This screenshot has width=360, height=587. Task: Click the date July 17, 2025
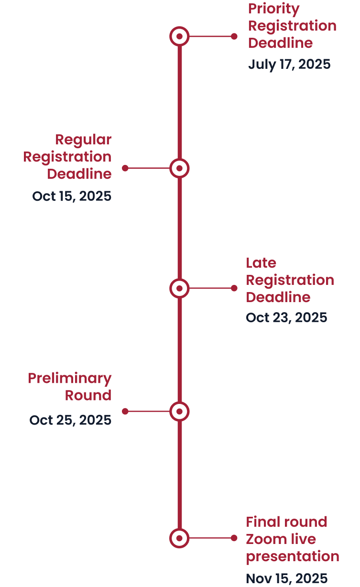pyautogui.click(x=289, y=64)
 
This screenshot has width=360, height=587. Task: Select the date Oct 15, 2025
pyautogui.click(x=72, y=196)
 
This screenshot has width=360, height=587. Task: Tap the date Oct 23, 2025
pyautogui.click(x=286, y=317)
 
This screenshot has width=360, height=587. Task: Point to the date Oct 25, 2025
pyautogui.click(x=70, y=420)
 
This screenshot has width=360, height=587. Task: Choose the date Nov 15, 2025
pyautogui.click(x=286, y=578)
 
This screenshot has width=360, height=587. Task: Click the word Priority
pyautogui.click(x=273, y=9)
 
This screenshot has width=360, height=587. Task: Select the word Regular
pyautogui.click(x=83, y=140)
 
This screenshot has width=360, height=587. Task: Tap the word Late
pyautogui.click(x=261, y=262)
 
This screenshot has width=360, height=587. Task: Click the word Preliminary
pyautogui.click(x=70, y=378)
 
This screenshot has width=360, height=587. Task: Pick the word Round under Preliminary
pyautogui.click(x=88, y=395)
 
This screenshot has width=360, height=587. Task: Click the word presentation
pyautogui.click(x=293, y=556)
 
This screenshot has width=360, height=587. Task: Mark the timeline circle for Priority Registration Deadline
pyautogui.click(x=179, y=36)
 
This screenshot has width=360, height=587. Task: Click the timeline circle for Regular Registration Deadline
pyautogui.click(x=179, y=168)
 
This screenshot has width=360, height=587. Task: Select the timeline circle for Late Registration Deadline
pyautogui.click(x=179, y=288)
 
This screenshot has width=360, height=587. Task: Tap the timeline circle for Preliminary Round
pyautogui.click(x=179, y=411)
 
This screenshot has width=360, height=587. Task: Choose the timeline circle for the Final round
pyautogui.click(x=179, y=538)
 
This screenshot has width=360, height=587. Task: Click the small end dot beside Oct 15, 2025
pyautogui.click(x=125, y=168)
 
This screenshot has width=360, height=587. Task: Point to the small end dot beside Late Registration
pyautogui.click(x=234, y=288)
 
